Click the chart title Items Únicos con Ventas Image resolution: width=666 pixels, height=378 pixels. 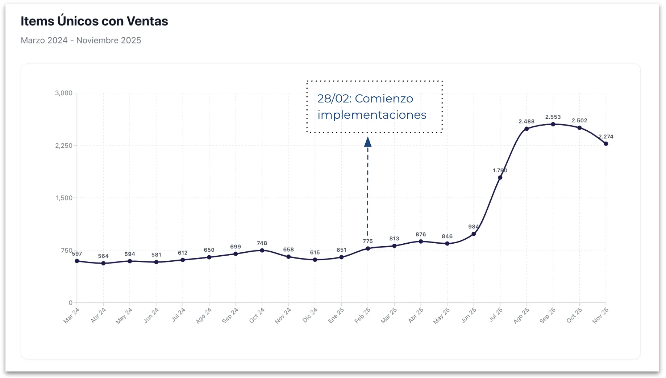[94, 21]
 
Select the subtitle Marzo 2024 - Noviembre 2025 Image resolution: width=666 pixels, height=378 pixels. [81, 40]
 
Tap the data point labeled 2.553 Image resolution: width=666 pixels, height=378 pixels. [553, 124]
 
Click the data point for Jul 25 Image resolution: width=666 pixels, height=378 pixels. [500, 177]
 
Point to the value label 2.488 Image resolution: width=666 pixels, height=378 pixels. [526, 122]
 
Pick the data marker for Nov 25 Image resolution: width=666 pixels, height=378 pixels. [606, 144]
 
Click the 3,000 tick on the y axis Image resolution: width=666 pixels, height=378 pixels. [64, 93]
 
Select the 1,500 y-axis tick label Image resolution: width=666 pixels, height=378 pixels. [64, 198]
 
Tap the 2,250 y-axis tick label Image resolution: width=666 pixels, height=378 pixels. [64, 146]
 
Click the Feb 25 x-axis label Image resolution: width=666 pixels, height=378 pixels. [362, 315]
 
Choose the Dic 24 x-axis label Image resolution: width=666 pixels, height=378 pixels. [310, 315]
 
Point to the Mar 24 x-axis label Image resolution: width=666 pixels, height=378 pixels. [71, 315]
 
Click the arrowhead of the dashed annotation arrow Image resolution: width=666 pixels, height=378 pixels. [368, 142]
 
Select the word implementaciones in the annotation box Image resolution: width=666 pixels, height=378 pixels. [372, 115]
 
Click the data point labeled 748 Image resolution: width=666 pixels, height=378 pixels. [262, 250]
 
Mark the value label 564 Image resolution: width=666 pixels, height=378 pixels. [103, 256]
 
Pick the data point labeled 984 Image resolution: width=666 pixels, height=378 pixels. [474, 234]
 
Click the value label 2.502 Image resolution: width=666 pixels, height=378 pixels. [579, 121]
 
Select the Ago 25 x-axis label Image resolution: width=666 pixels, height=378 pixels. [521, 315]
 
